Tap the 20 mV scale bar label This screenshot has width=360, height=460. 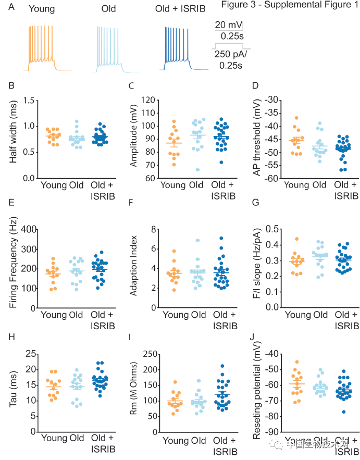pyautogui.click(x=227, y=25)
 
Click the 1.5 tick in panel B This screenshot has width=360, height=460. pyautogui.click(x=30, y=100)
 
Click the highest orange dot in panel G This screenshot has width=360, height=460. pyautogui.click(x=299, y=239)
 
